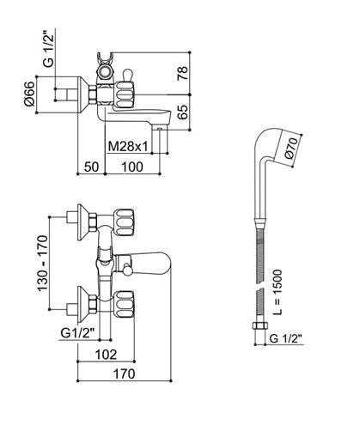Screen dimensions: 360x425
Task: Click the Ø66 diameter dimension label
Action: click(x=30, y=94)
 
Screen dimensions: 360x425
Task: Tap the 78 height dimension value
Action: click(x=182, y=73)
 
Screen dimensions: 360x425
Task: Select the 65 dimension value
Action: click(x=182, y=112)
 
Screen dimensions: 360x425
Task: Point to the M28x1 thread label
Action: click(x=128, y=147)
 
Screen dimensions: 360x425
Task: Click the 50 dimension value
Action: click(x=92, y=167)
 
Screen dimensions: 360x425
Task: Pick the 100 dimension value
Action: click(x=132, y=167)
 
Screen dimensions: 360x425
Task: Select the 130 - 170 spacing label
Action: click(x=42, y=264)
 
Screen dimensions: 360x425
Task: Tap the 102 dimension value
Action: click(x=106, y=355)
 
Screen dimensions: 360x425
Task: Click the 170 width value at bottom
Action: click(x=124, y=373)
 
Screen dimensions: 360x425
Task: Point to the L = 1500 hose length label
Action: click(x=277, y=292)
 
